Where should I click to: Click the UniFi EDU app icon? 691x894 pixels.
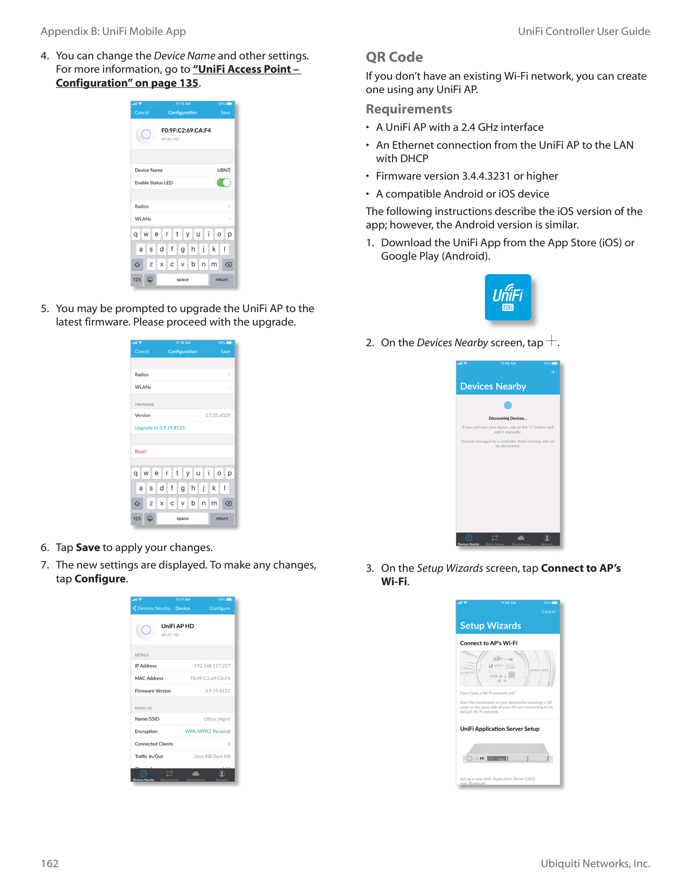[507, 297]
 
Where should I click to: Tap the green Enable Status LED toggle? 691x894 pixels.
[224, 182]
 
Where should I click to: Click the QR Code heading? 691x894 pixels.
[394, 57]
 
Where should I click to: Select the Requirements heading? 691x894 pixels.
[409, 109]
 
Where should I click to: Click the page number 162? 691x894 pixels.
[50, 863]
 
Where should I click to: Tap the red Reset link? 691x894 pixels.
[140, 451]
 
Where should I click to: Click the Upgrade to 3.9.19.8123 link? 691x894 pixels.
[160, 427]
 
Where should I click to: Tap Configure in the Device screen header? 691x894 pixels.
[220, 608]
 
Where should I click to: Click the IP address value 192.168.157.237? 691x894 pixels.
[212, 666]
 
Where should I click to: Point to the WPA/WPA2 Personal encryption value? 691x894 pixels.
[207, 731]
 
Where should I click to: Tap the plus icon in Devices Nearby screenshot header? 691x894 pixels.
[553, 372]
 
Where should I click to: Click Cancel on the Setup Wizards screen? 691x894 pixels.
[548, 611]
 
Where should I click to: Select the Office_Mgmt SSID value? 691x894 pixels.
[217, 719]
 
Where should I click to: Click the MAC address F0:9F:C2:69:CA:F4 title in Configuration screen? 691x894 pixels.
[186, 130]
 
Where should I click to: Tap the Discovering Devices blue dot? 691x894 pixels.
[508, 405]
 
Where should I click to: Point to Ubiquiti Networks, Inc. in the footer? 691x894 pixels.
[595, 863]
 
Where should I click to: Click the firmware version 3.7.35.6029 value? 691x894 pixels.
[217, 415]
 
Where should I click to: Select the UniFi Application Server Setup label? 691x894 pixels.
[500, 729]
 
